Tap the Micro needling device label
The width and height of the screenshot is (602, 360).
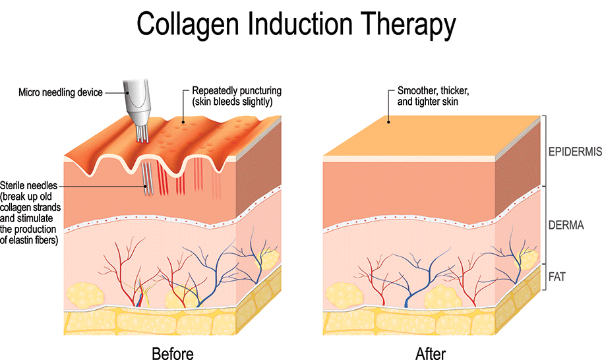tap(61, 92)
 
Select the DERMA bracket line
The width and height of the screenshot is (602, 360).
tap(544, 224)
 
